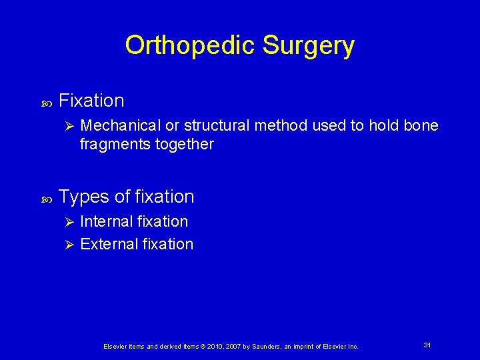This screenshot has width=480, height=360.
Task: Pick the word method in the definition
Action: click(x=279, y=126)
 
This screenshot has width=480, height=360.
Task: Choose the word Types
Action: click(x=83, y=197)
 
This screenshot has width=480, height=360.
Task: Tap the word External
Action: click(x=107, y=244)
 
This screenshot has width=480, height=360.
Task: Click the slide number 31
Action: click(x=427, y=345)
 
